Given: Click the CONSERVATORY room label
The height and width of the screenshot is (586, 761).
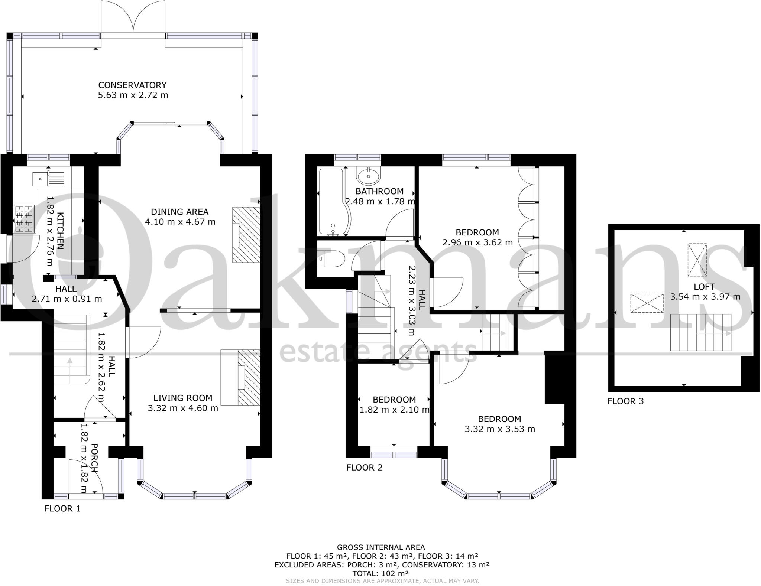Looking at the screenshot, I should (132, 85).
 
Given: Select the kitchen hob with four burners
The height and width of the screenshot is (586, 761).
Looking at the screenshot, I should (24, 219).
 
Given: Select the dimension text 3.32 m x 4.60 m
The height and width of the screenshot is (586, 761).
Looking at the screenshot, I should (183, 408).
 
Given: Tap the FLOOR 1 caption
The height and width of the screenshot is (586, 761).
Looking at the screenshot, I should (62, 508).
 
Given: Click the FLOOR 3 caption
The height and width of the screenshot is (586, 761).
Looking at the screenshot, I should (625, 401).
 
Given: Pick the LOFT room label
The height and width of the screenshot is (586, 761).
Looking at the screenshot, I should (704, 287).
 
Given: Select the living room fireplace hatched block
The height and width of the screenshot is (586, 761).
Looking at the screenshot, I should (248, 377).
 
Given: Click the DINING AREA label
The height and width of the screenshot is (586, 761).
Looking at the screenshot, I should (179, 212).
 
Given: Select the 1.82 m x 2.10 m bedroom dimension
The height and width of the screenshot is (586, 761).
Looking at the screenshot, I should (394, 410).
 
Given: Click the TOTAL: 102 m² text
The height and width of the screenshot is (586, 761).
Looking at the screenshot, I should (380, 573).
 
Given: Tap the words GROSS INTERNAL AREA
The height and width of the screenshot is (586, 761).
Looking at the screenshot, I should (380, 547).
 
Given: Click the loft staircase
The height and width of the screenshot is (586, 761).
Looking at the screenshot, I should (700, 332).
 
